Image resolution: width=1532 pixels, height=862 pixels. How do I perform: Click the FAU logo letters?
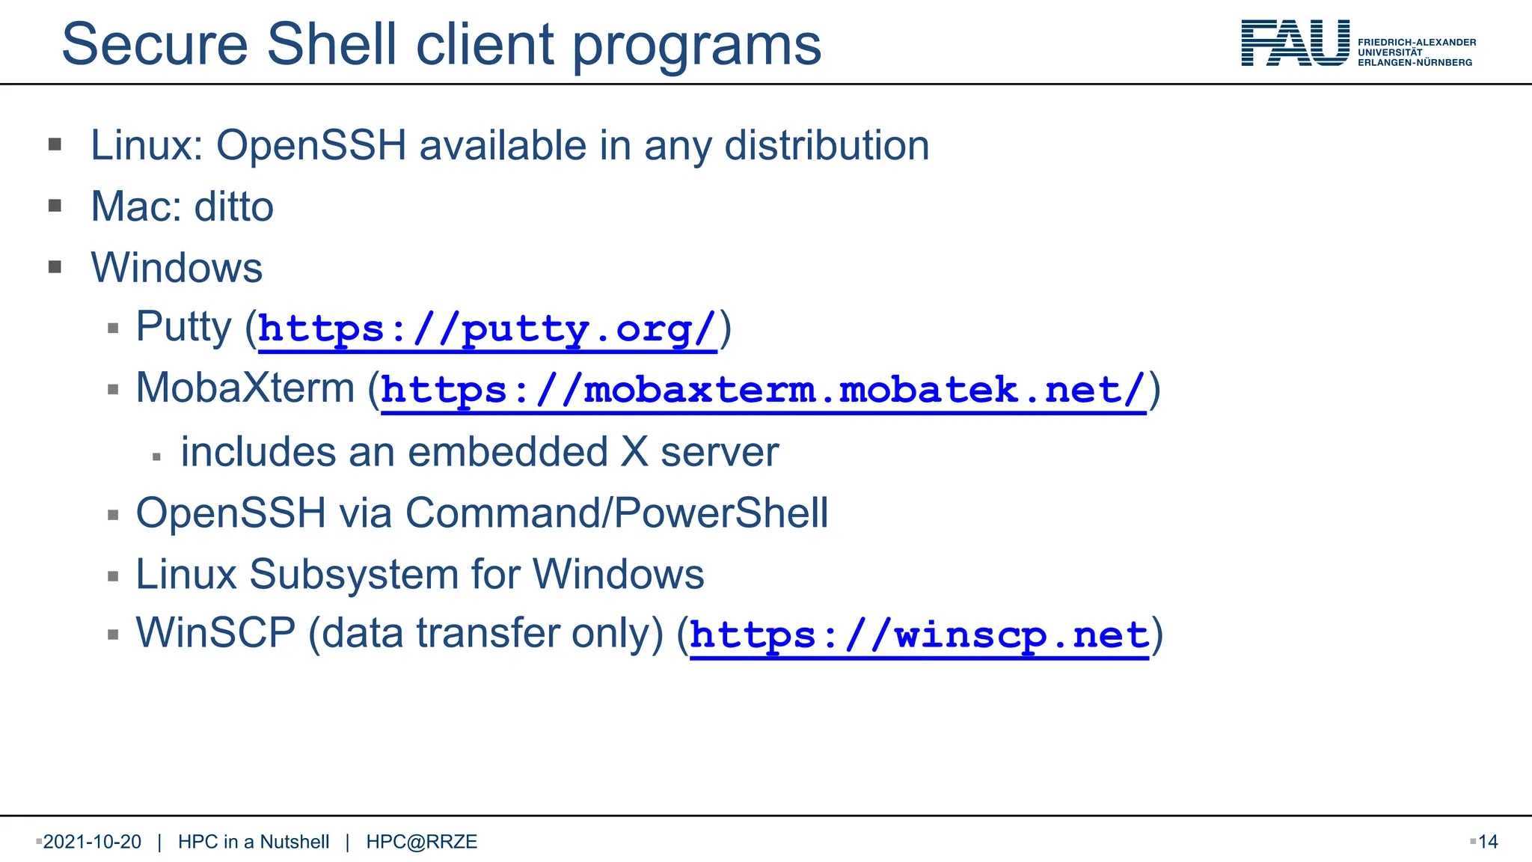tap(1295, 43)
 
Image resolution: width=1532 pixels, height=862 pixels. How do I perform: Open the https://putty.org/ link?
tap(487, 329)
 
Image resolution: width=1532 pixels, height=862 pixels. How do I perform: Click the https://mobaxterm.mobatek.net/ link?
tap(763, 391)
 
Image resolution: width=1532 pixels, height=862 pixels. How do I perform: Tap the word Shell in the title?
tap(331, 45)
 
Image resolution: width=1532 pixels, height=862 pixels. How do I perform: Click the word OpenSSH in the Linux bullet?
tap(311, 145)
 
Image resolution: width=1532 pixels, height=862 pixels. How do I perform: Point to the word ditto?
tap(233, 207)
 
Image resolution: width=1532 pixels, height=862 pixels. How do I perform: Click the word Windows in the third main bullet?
tap(177, 268)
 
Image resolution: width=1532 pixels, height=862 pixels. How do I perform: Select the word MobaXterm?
tap(245, 389)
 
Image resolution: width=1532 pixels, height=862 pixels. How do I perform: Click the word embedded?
tap(507, 453)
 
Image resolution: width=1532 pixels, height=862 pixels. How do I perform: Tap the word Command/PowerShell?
tap(616, 513)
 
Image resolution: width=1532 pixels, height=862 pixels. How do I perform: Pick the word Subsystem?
tap(354, 575)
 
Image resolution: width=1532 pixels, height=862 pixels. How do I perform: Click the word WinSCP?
tap(215, 634)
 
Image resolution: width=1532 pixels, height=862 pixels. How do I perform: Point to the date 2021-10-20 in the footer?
tap(92, 842)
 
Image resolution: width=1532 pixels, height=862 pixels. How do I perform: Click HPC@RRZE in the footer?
tap(421, 842)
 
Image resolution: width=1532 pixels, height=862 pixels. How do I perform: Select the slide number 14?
tap(1488, 842)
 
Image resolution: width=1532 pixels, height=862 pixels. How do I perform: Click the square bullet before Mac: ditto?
tap(55, 206)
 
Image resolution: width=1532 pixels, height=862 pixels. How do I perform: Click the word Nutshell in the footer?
tap(295, 842)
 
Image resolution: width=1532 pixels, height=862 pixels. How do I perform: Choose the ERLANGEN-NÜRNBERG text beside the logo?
tap(1415, 63)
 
